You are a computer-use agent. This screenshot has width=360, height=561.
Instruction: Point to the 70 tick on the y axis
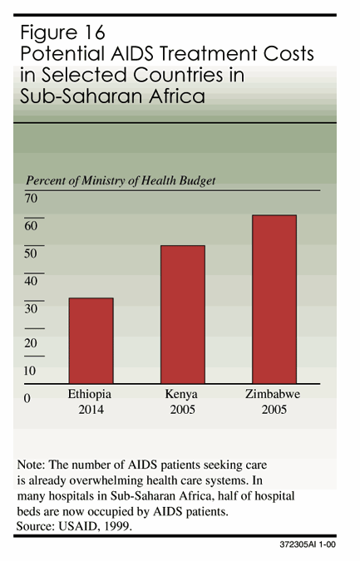(32, 198)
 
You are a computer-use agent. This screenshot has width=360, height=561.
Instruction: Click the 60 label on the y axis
(32, 225)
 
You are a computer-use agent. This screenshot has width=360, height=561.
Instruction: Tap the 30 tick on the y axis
(32, 308)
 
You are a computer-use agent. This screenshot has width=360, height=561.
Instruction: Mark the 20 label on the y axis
(32, 342)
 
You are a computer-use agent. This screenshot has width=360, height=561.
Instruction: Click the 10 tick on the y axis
(32, 370)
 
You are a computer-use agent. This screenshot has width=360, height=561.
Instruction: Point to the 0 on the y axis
(27, 398)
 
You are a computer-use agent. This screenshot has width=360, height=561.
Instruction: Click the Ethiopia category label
(90, 394)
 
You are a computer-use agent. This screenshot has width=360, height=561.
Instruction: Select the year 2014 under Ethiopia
(90, 409)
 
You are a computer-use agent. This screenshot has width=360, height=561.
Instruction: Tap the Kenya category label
(181, 394)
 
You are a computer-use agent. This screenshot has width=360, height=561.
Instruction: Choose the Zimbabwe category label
(272, 394)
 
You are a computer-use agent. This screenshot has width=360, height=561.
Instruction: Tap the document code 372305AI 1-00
(310, 549)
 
